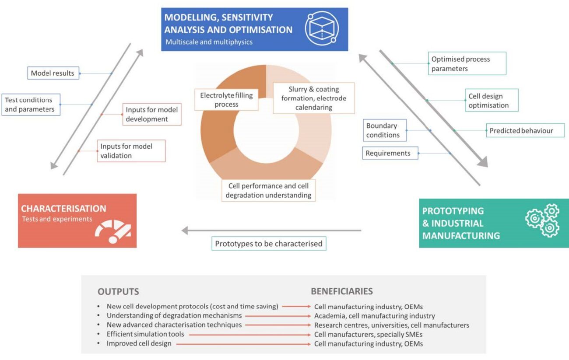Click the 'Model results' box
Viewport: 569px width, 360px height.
(x=53, y=73)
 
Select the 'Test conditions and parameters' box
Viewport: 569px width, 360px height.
(x=31, y=105)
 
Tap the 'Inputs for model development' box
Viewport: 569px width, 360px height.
(x=152, y=114)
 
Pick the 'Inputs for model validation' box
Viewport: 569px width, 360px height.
(x=131, y=151)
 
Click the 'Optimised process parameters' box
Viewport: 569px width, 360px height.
(x=467, y=63)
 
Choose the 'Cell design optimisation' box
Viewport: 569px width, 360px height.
(x=492, y=100)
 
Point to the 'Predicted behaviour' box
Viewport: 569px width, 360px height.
(x=525, y=130)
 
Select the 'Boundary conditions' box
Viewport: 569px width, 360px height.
(x=385, y=130)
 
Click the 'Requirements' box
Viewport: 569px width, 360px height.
(x=390, y=153)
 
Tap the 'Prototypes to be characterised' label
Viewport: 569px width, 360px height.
(x=269, y=244)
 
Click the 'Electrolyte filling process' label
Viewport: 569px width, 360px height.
(x=226, y=100)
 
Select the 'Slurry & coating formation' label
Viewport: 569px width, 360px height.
(x=314, y=98)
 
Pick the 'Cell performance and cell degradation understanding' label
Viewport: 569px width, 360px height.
(x=268, y=190)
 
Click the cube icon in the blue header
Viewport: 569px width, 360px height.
(x=322, y=28)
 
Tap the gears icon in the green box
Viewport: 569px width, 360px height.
(x=542, y=220)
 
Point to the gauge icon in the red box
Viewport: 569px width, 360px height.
(x=113, y=231)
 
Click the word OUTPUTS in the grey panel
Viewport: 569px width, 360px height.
(x=118, y=291)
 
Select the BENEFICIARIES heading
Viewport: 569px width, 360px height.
(x=342, y=291)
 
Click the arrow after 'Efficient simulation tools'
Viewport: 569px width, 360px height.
(x=250, y=335)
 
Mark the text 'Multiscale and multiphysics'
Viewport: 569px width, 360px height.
(x=209, y=42)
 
